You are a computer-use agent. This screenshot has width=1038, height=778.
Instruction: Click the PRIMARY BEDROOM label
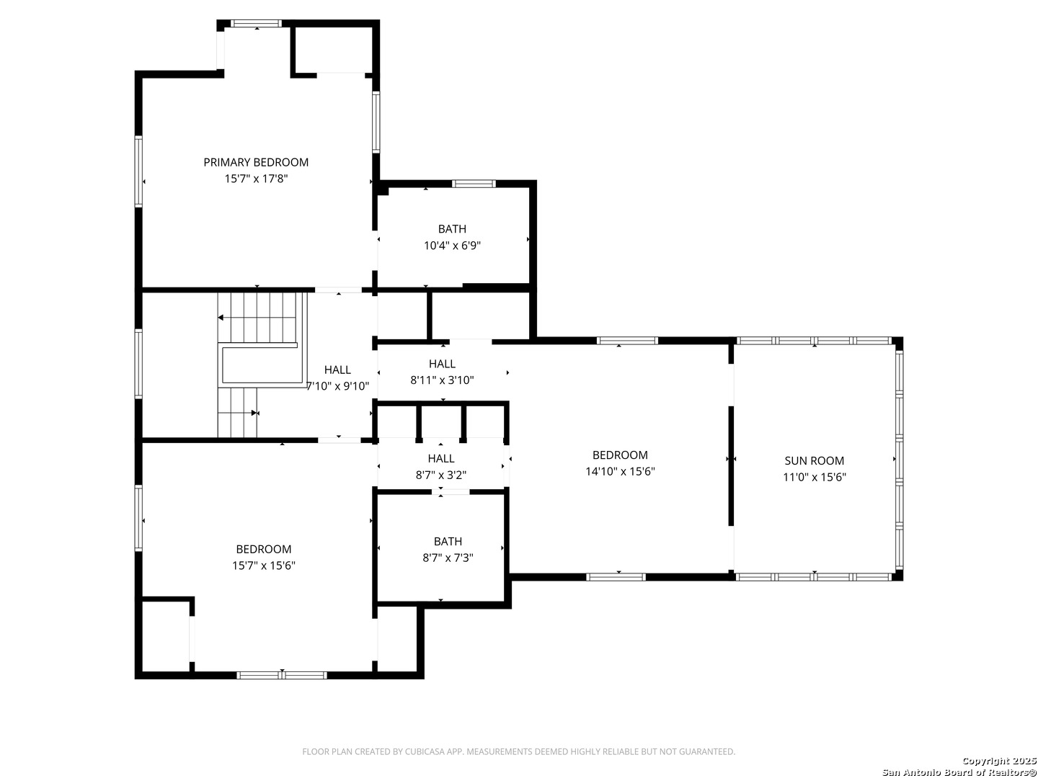[256, 162]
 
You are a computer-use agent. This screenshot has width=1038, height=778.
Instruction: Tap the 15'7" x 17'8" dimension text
[256, 179]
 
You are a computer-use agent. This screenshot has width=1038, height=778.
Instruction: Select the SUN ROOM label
[814, 460]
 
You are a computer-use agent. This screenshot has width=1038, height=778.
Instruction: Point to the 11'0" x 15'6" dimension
[814, 477]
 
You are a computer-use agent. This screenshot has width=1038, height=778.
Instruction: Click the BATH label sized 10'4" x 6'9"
[452, 229]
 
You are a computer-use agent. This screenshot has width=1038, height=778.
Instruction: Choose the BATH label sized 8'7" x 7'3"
[448, 541]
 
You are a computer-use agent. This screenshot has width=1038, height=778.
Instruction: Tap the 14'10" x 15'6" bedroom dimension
[620, 471]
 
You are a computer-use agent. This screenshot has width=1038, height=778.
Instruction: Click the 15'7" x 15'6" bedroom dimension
[263, 565]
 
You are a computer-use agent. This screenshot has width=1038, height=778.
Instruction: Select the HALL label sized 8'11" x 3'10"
[442, 364]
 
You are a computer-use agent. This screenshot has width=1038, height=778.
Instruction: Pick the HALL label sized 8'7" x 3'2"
[441, 458]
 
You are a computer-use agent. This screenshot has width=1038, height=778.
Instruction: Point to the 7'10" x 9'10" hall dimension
[337, 386]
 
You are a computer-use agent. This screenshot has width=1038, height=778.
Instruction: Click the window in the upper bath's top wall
[474, 184]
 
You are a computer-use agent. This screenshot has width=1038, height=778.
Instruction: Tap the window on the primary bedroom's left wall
[138, 171]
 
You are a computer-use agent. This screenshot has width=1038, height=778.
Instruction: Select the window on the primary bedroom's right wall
[376, 122]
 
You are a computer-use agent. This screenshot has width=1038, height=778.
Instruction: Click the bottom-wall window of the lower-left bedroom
[281, 675]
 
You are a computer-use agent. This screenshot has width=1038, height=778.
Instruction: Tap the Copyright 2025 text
[999, 761]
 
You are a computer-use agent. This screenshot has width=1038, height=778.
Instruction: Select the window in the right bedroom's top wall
[627, 341]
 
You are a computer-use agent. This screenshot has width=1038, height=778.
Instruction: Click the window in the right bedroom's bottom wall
[616, 577]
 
